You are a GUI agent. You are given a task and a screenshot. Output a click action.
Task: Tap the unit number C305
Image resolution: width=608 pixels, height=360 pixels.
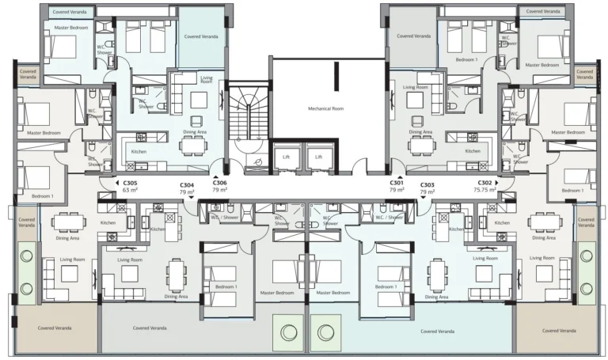(130, 183)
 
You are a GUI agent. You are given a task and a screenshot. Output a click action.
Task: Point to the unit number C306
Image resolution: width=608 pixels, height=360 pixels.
(219, 183)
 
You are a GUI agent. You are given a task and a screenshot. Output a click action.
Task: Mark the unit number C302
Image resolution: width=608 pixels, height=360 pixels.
(484, 183)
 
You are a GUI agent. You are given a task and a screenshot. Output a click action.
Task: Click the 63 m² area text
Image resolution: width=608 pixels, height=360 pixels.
(130, 191)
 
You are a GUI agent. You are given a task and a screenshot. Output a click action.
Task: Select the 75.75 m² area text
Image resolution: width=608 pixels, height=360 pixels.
(484, 191)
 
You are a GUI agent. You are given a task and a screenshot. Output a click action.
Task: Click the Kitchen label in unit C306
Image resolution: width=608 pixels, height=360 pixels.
(139, 150)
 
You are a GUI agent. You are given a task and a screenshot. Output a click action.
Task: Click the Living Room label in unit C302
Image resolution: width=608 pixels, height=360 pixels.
(541, 258)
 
